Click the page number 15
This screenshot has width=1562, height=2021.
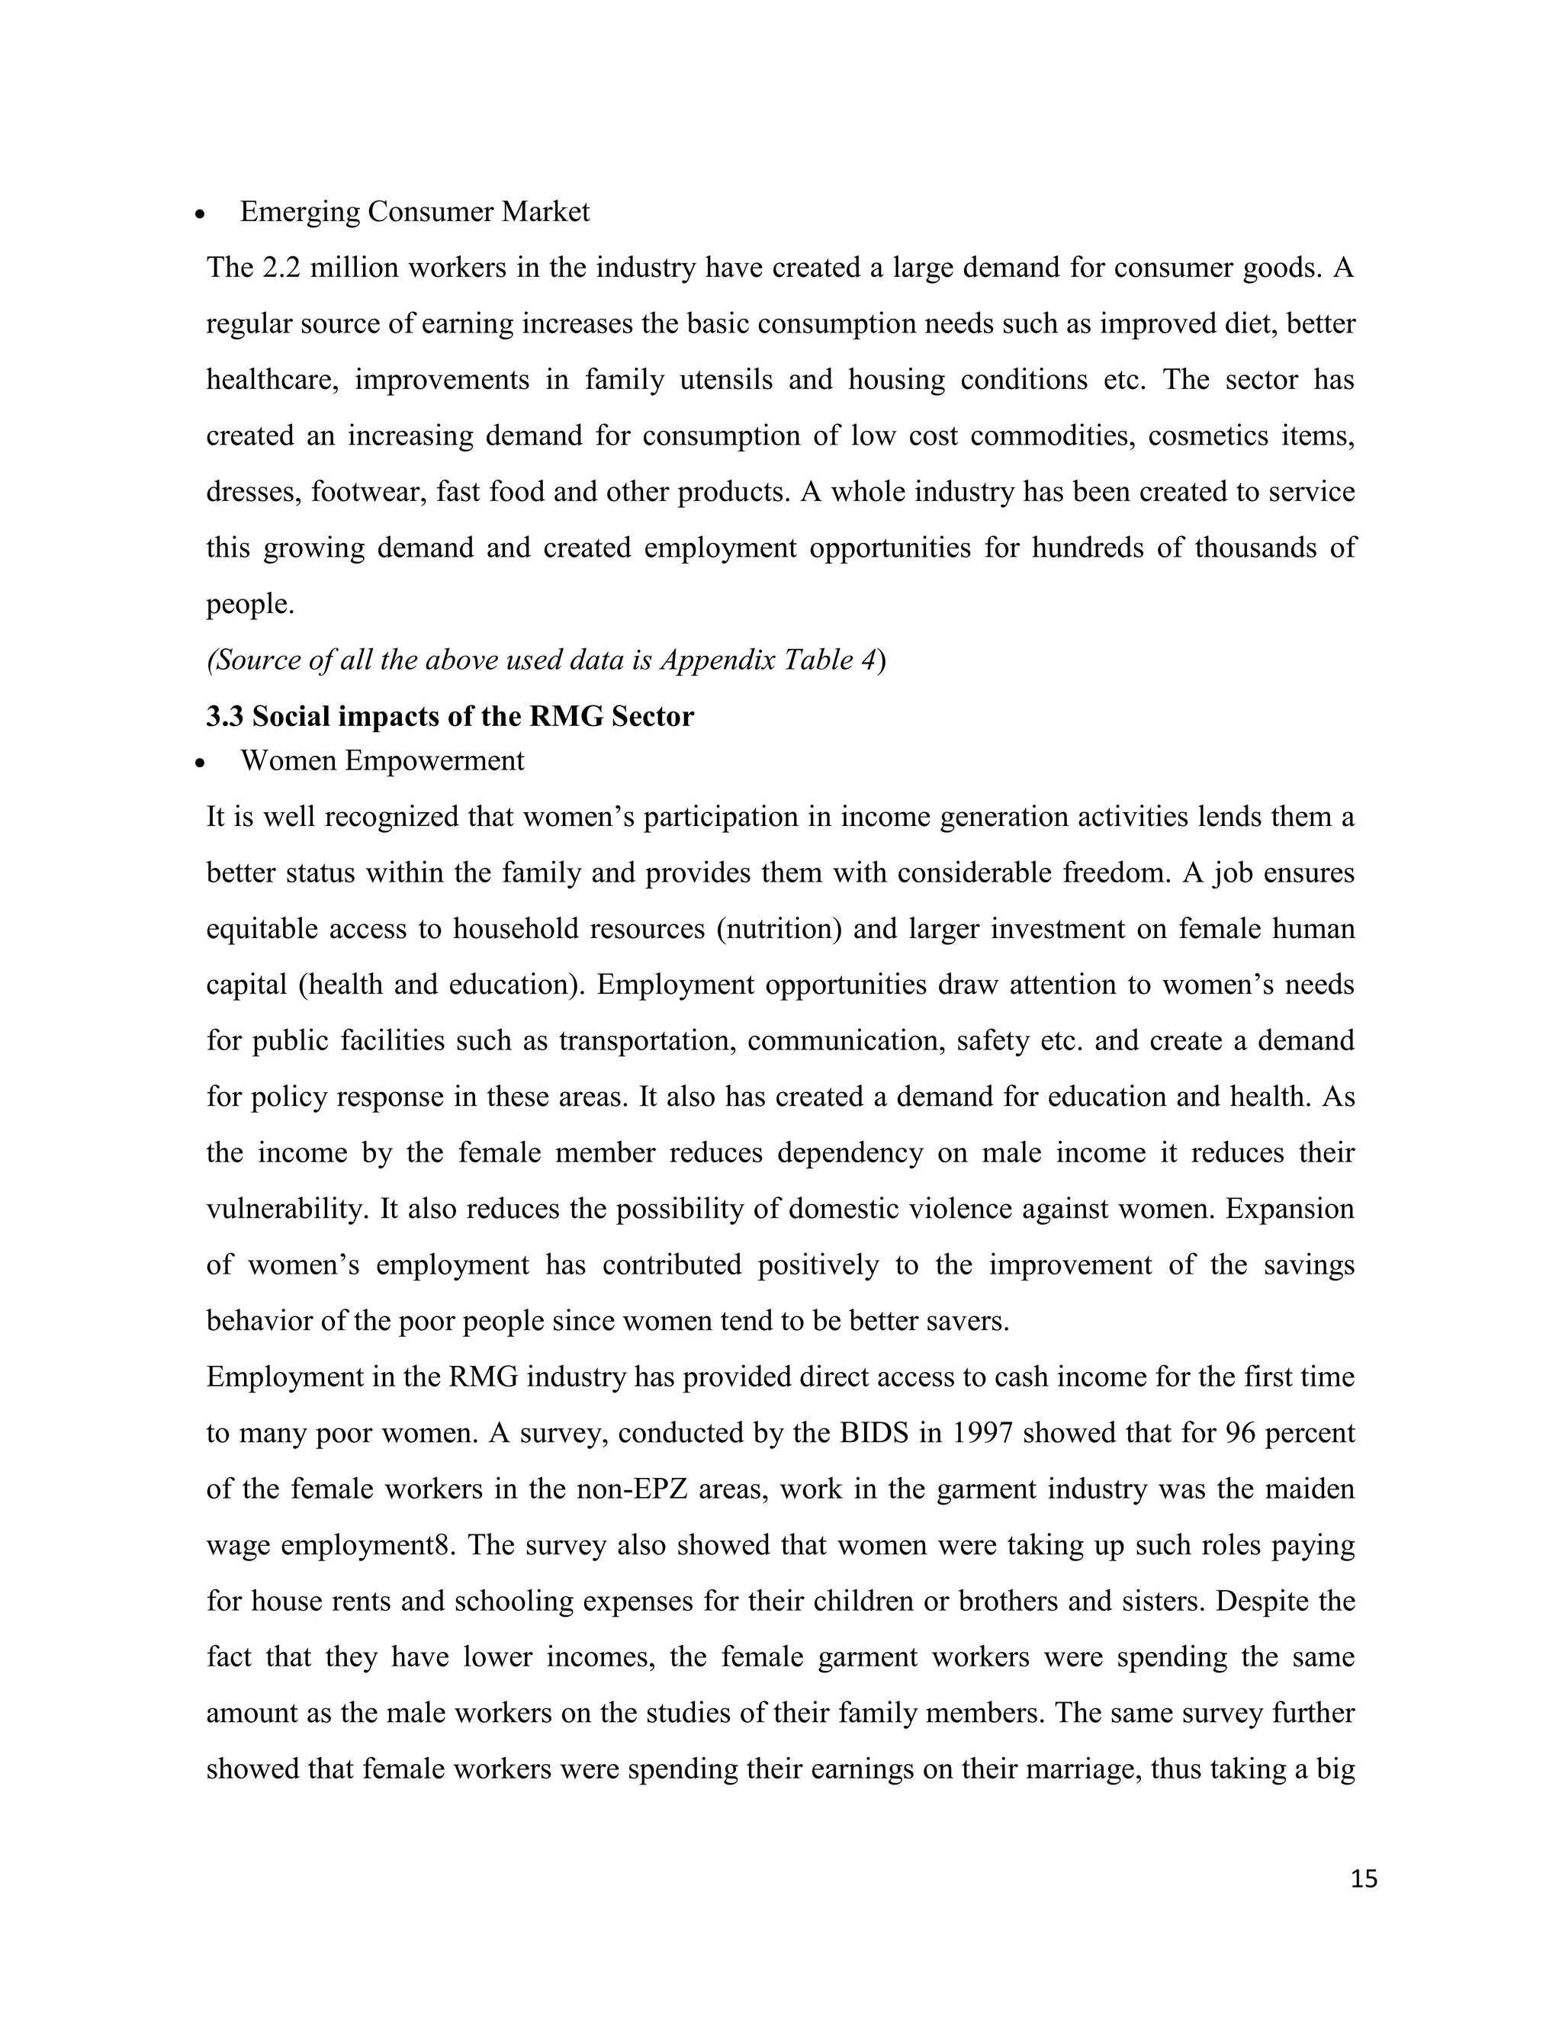click(1363, 1879)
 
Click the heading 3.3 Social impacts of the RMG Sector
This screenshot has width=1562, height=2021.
click(450, 716)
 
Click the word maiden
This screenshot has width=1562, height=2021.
click(1307, 1489)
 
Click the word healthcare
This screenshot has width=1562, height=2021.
click(271, 379)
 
